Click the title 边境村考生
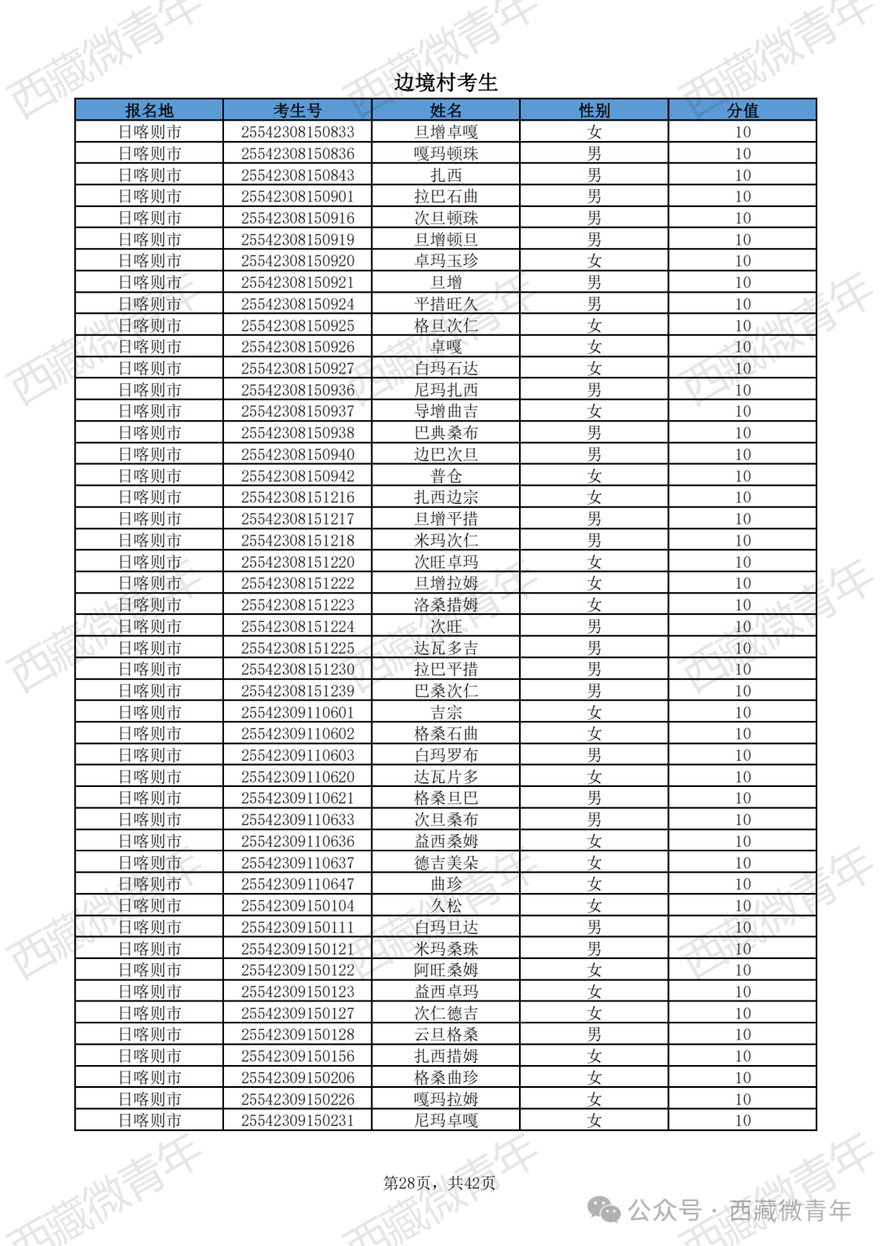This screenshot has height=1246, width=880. point(445,82)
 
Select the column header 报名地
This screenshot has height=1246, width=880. point(149,110)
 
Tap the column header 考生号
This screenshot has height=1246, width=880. point(297,110)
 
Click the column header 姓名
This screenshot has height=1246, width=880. point(446,110)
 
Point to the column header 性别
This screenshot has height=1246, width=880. point(594,110)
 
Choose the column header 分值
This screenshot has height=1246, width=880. point(742,110)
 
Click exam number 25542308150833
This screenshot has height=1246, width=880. point(297,132)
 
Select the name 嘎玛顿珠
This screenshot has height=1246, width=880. point(446,153)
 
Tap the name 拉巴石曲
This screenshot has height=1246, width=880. point(446,197)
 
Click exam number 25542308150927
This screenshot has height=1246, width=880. point(297,369)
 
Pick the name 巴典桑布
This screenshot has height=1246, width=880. point(446,433)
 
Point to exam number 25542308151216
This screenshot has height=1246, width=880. point(297,497)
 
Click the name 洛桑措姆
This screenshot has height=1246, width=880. point(446,605)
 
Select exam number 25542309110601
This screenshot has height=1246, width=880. point(297,713)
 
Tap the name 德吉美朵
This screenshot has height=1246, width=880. point(446,863)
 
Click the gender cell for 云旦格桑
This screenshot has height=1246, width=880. point(594,1035)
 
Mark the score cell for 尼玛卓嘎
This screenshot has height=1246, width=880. point(742,1120)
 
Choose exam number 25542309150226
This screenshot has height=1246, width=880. point(297,1099)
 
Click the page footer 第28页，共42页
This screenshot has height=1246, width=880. point(439,1183)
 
